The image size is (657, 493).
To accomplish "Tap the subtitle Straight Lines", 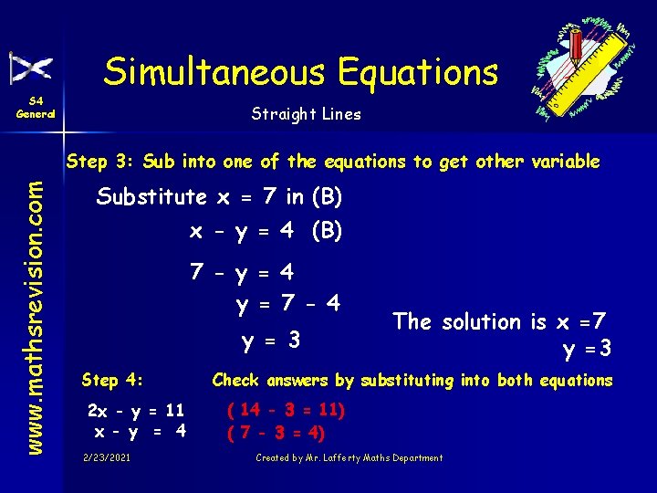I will click(x=306, y=114).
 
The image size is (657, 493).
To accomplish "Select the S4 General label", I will click(x=36, y=108).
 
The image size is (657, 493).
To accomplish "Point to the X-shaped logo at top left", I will click(x=31, y=68).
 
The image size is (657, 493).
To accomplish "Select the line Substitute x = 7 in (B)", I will click(x=219, y=196).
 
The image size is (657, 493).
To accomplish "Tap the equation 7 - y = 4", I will click(x=242, y=272).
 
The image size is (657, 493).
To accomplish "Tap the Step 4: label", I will click(x=113, y=380).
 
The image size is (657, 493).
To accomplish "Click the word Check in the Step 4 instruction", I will click(x=235, y=380).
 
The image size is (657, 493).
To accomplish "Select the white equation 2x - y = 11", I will click(x=136, y=410).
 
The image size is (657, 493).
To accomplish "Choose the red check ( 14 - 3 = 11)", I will click(x=286, y=410).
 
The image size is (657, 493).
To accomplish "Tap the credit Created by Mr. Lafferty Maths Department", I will click(x=349, y=457).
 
